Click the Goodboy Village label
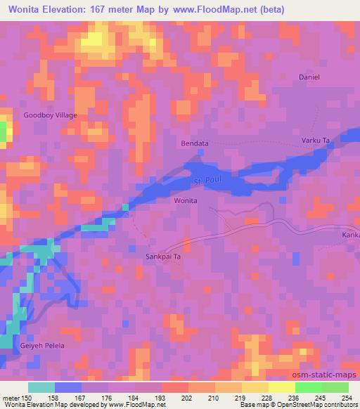50,115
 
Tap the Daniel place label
309,77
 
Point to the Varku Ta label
316,141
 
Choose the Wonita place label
186,201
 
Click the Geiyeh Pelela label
44,346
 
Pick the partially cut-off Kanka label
350,235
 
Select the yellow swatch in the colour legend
281,387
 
